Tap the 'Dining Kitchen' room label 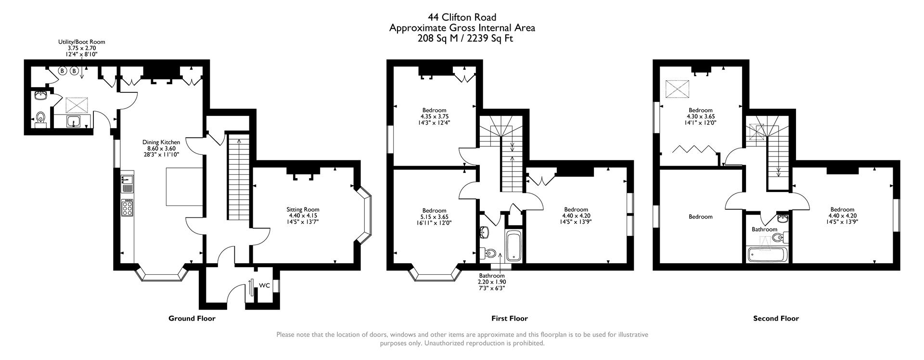click(x=161, y=142)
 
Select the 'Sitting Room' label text click(x=303, y=209)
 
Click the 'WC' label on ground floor click(x=264, y=285)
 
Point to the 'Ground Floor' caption click(x=192, y=318)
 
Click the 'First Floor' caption click(x=509, y=318)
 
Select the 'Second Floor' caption click(x=776, y=318)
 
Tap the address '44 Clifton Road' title click(x=462, y=18)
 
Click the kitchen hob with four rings click(x=128, y=208)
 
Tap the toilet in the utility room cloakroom click(x=40, y=117)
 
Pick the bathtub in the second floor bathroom click(x=767, y=254)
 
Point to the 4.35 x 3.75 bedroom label click(x=434, y=116)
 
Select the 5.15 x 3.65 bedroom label click(x=434, y=217)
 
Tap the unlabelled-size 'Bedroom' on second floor click(x=700, y=217)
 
